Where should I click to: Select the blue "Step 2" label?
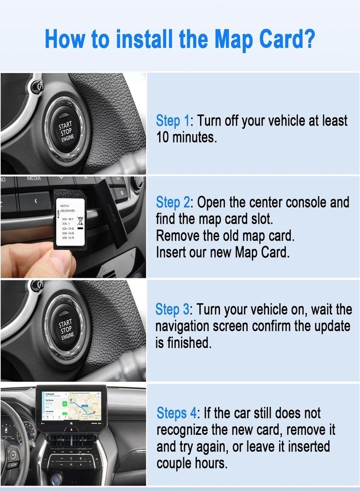coord(173,203)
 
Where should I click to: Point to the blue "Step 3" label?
coord(173,309)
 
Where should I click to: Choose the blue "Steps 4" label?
coord(176,413)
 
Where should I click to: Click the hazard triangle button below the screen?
coord(72,429)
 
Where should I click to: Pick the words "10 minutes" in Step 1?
coord(186,137)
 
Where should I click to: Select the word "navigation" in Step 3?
coord(184,327)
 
